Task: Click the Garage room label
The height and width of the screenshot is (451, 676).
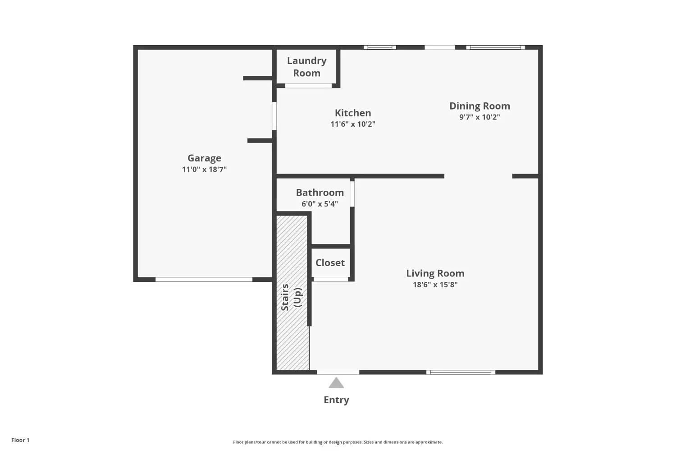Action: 204,158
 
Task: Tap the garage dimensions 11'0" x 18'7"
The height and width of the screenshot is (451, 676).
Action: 204,169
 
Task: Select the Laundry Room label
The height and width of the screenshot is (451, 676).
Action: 306,67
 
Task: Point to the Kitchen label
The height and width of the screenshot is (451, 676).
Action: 353,113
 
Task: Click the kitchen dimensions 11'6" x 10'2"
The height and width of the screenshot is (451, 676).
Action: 353,124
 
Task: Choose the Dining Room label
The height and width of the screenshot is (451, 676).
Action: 480,106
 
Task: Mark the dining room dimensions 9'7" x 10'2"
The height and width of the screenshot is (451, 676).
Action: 480,117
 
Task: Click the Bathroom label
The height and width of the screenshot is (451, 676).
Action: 320,193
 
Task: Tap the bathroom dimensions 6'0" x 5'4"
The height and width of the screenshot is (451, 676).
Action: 320,203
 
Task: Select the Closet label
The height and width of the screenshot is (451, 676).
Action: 330,262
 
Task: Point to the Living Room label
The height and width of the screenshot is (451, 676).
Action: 435,273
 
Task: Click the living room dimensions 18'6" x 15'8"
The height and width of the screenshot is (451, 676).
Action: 435,284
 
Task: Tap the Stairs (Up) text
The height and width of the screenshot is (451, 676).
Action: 291,297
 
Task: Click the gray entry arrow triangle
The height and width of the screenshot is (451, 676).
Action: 336,383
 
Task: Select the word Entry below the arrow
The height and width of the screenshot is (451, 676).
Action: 336,400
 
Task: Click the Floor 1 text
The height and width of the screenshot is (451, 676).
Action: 20,440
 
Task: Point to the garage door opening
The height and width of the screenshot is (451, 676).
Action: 204,280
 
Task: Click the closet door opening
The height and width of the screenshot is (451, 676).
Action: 331,280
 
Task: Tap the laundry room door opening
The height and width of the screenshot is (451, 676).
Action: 308,86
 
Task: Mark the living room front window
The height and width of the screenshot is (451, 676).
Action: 461,372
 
